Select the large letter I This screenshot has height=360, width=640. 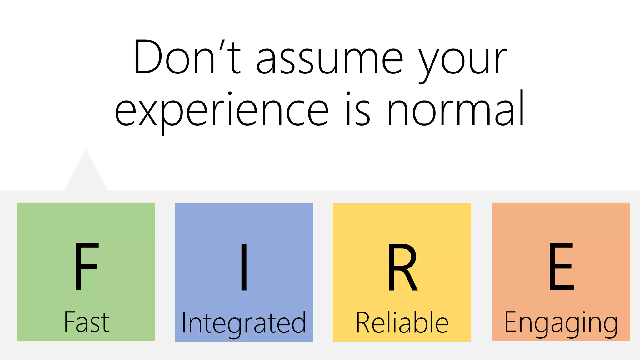pos(244,267)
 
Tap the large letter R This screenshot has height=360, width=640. pos(402,267)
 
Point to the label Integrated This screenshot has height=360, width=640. pos(244,323)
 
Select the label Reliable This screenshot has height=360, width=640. pos(402,322)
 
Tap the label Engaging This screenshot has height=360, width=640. pos(561,323)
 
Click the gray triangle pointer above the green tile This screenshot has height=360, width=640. pos(86,175)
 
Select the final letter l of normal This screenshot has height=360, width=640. pos(521,108)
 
